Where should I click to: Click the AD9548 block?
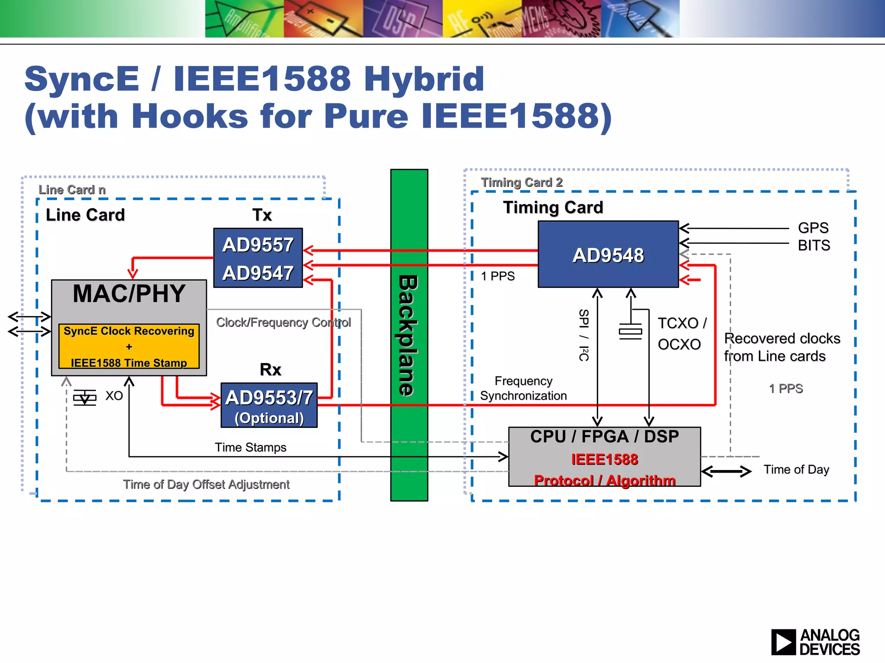point(608,255)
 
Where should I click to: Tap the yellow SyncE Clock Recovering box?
point(129,346)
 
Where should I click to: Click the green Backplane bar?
point(409,335)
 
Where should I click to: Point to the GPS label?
point(813,228)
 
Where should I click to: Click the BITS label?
point(814,246)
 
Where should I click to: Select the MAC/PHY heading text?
point(129,294)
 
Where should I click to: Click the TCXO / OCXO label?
point(681,334)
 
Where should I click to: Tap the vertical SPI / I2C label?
point(583,335)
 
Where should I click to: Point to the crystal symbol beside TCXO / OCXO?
point(630,331)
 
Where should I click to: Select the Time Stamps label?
point(251,447)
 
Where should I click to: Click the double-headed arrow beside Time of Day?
point(726,471)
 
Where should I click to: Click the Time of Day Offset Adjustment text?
point(206,484)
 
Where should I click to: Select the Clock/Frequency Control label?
point(283,322)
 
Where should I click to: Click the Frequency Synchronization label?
point(523,388)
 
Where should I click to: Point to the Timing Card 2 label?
point(522,183)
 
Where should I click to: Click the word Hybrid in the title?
point(424,79)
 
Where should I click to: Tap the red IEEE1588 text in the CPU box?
point(604,459)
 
